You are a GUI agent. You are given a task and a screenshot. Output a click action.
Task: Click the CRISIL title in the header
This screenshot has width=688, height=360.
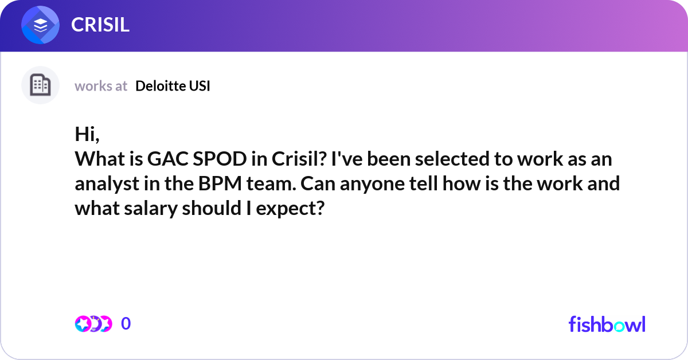tap(100, 24)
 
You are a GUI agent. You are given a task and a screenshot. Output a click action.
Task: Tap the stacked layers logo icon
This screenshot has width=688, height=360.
tap(40, 25)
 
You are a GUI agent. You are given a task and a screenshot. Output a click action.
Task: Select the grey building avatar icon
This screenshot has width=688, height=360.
tap(40, 85)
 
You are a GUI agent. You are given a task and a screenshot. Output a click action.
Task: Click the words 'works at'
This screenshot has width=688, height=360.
tap(101, 86)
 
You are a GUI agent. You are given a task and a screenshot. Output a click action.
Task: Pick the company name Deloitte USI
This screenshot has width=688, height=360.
tap(173, 86)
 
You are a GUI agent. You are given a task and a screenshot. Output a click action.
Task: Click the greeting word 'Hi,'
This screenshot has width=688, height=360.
tap(87, 134)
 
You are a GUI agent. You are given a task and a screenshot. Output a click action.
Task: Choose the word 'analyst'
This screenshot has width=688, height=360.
tap(104, 183)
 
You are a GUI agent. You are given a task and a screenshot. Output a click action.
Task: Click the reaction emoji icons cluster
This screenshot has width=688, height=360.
tap(93, 324)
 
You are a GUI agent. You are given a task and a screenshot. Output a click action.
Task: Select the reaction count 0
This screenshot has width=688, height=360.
tap(126, 324)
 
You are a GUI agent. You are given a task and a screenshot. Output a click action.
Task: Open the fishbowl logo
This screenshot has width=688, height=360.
tap(607, 324)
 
